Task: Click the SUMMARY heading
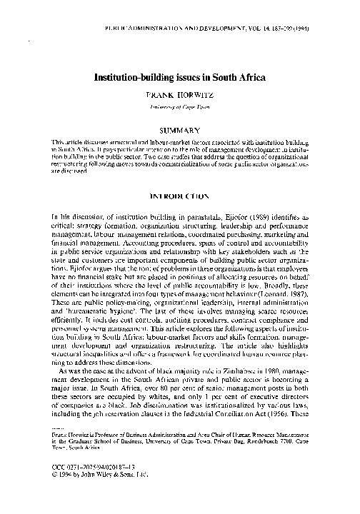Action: point(180,131)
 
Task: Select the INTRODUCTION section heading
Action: point(180,193)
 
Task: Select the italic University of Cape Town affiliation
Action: point(180,105)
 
